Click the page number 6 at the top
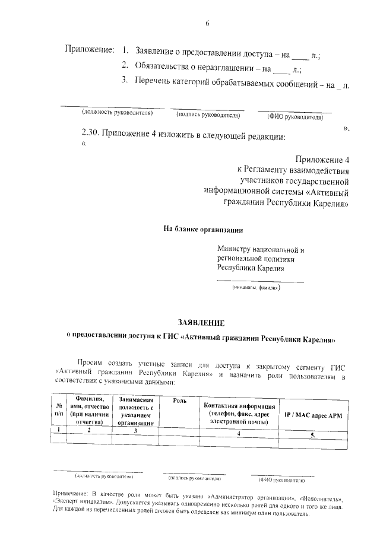(207, 23)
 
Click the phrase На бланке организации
(203, 229)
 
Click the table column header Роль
(179, 401)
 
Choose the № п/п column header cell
(59, 409)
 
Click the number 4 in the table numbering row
(238, 434)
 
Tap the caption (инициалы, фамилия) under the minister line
(256, 288)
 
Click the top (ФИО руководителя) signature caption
(295, 117)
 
